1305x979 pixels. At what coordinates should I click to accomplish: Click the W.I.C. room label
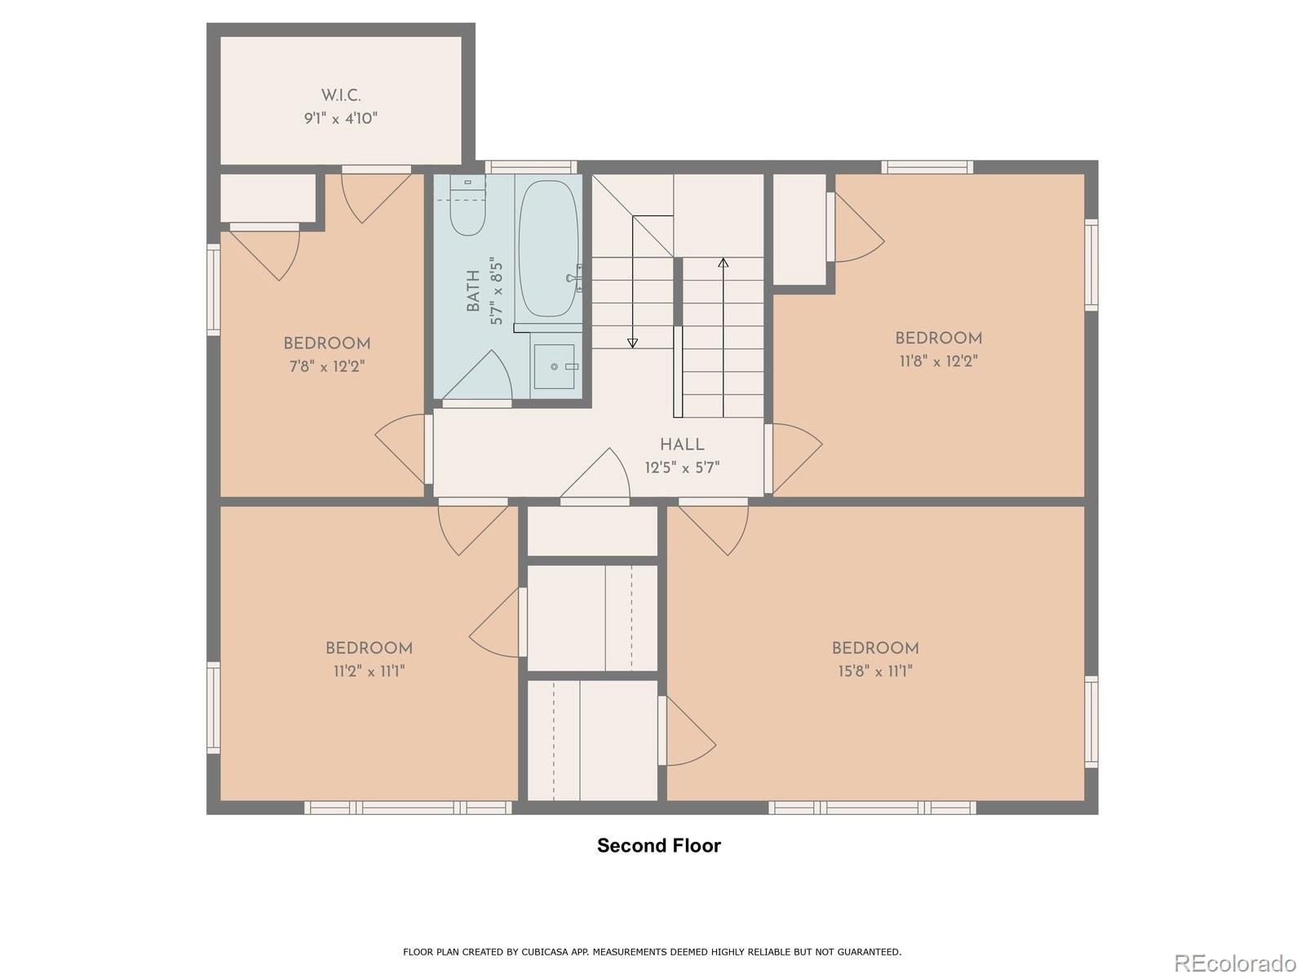(341, 95)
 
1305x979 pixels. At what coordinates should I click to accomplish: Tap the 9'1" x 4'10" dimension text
(341, 118)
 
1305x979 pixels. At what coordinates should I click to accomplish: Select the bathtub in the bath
(548, 249)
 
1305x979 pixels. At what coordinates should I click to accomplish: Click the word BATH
(473, 290)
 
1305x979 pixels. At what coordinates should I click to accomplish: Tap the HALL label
(682, 444)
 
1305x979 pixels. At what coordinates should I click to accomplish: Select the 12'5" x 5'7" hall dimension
(682, 467)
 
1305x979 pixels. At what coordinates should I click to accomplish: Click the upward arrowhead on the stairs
(723, 262)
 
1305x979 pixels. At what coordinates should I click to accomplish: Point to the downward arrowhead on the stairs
(633, 343)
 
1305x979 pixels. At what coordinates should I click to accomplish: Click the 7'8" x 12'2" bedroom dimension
(327, 366)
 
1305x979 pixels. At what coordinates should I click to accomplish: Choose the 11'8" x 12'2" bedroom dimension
(938, 361)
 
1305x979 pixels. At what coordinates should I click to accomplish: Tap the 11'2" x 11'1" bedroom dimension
(369, 671)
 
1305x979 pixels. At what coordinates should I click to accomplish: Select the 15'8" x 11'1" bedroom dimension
(875, 671)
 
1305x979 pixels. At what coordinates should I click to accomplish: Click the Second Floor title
(659, 845)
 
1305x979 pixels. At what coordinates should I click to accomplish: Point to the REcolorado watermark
(1235, 962)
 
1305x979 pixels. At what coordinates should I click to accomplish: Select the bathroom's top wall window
(531, 167)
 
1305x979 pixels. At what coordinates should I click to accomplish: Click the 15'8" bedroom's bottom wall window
(872, 807)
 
